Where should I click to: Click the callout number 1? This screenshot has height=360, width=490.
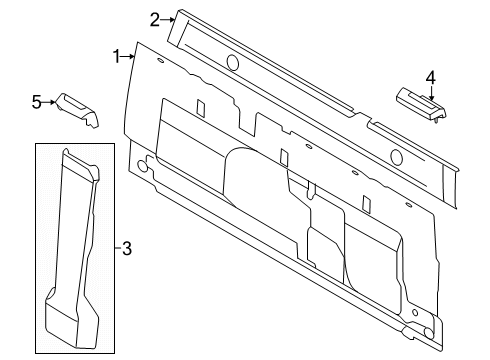click(116, 57)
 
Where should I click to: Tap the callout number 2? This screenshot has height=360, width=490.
click(154, 20)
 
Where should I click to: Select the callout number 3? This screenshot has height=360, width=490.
click(127, 248)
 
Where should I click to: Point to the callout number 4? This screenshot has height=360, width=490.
click(431, 78)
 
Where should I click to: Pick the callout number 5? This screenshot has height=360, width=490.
click(37, 102)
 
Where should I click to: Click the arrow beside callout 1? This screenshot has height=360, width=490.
click(128, 57)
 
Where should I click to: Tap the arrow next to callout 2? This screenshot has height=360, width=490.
click(168, 20)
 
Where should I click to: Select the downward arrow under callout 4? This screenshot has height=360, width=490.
click(431, 93)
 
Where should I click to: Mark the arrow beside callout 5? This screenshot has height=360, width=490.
click(49, 102)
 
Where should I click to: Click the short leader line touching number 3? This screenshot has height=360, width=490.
click(118, 248)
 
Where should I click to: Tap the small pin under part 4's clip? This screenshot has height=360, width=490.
click(436, 121)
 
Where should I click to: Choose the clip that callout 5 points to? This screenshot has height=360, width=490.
click(78, 110)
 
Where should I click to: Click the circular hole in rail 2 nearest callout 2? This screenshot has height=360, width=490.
click(232, 62)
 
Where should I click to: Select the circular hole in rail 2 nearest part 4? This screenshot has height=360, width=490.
click(396, 157)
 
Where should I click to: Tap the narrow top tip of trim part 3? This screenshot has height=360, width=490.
click(66, 152)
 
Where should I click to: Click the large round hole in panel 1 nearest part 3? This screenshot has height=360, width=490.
click(142, 166)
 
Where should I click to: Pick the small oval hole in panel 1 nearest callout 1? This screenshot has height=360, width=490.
click(160, 61)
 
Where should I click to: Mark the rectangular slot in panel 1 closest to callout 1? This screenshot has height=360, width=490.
click(200, 107)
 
